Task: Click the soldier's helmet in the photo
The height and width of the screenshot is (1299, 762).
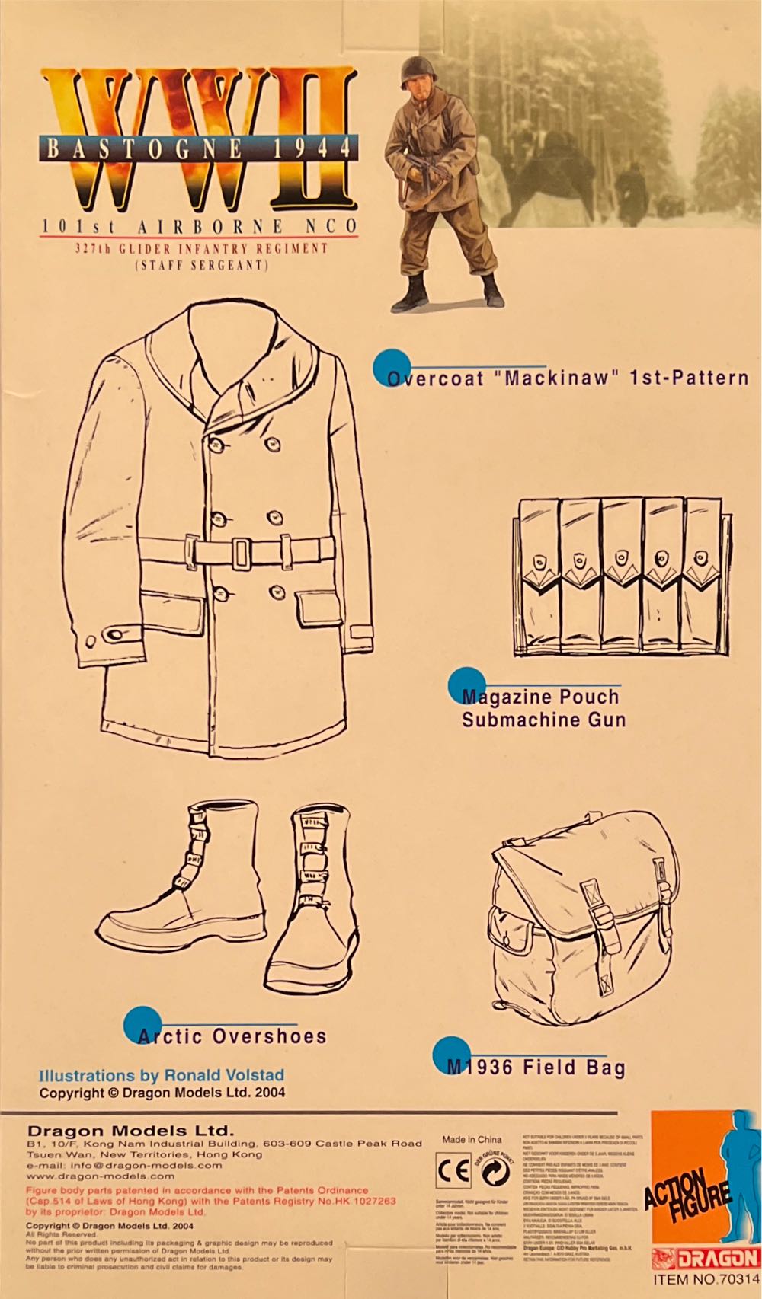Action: [418, 71]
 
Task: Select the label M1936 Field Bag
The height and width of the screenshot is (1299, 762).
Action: [536, 1068]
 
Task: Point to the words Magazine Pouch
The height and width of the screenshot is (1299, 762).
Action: [540, 697]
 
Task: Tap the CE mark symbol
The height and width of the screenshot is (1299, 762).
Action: [453, 1171]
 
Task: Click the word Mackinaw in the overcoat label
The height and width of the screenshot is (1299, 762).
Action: [558, 378]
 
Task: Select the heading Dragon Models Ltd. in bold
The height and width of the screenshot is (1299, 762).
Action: [130, 1131]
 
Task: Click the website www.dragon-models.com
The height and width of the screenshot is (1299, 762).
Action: [100, 1176]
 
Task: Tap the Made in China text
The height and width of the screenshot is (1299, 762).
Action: [472, 1139]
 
